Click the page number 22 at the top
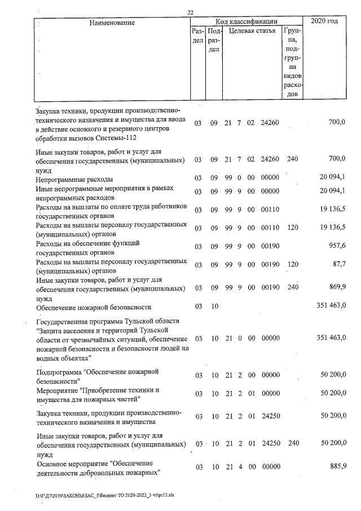click(191, 13)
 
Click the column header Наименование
click(112, 22)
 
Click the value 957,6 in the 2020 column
click(336, 248)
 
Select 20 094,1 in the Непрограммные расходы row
click(332, 178)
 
